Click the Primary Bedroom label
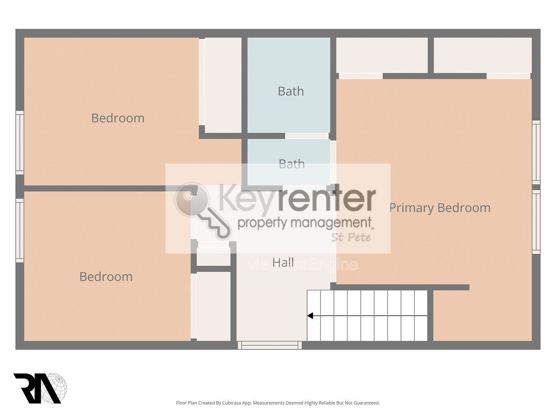[x=440, y=208]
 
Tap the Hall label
[x=283, y=262]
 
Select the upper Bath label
[x=291, y=91]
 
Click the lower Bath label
[x=292, y=164]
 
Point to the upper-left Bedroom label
[x=118, y=118]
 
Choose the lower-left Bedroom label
[x=106, y=276]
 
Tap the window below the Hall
[x=270, y=345]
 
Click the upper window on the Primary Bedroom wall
[x=536, y=153]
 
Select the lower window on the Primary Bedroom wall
[x=536, y=222]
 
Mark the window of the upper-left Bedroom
[x=20, y=142]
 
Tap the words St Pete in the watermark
[x=351, y=237]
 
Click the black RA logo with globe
[x=40, y=388]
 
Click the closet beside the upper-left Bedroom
[x=223, y=85]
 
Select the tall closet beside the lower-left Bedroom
[x=214, y=306]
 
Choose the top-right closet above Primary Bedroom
[x=483, y=55]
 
